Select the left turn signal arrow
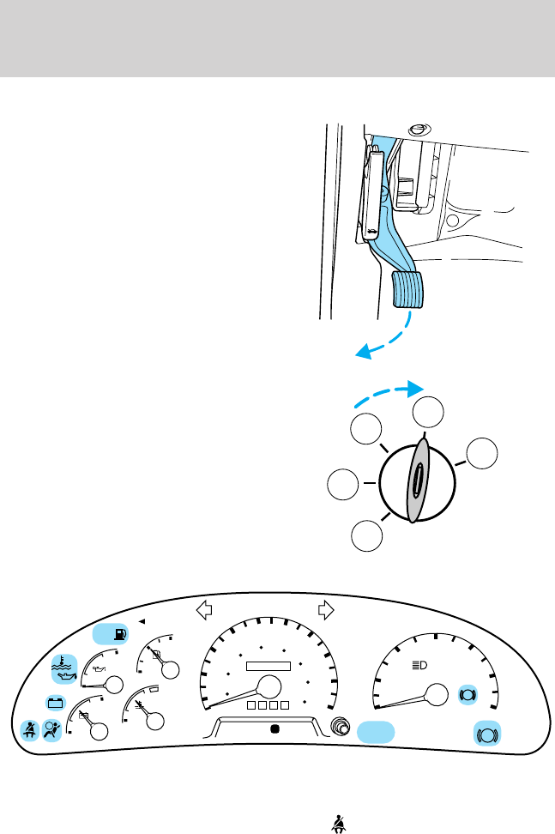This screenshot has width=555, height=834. pos(204,610)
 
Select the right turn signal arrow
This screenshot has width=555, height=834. pos(325,610)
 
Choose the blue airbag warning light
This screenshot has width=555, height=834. pos(52,731)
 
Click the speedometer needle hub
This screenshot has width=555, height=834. pos(269,686)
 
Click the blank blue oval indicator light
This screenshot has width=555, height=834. pos(377,732)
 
